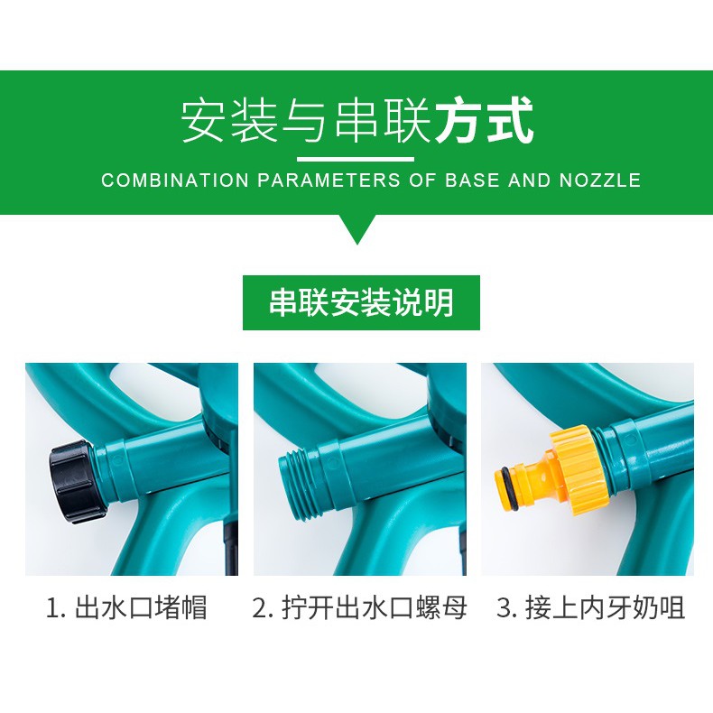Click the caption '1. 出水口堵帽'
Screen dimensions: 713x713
pyautogui.click(x=127, y=607)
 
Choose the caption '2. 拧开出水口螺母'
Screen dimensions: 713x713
pyautogui.click(x=359, y=607)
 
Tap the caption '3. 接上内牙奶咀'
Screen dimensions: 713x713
pyautogui.click(x=590, y=607)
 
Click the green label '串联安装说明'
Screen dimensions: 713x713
pyautogui.click(x=361, y=302)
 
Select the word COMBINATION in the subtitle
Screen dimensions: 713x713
pyautogui.click(x=175, y=181)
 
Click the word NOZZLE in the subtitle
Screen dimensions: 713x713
pyautogui.click(x=600, y=181)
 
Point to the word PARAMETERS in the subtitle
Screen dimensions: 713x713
pyautogui.click(x=329, y=181)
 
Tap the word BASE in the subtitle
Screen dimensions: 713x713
pyautogui.click(x=472, y=181)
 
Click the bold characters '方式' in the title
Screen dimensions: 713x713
pyautogui.click(x=484, y=121)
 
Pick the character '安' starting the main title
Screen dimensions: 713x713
pyautogui.click(x=204, y=121)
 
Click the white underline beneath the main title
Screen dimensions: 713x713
pyautogui.click(x=356, y=159)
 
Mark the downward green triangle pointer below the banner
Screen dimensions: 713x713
pyautogui.click(x=357, y=228)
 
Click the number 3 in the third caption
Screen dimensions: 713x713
pyautogui.click(x=504, y=608)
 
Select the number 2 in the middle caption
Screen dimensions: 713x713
pyautogui.click(x=260, y=608)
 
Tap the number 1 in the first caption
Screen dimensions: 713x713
pyautogui.click(x=52, y=608)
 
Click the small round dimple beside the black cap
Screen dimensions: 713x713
pyautogui.click(x=116, y=460)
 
